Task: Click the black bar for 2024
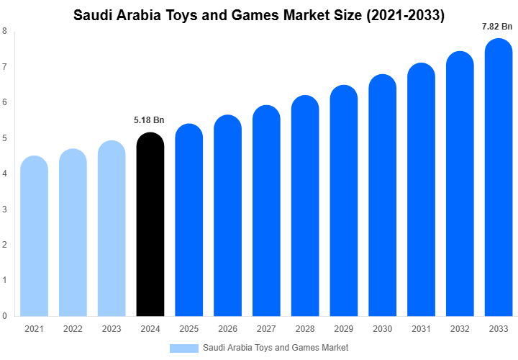pyautogui.click(x=150, y=225)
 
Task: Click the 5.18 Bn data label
pyautogui.click(x=150, y=120)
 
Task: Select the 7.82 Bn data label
pyautogui.click(x=498, y=27)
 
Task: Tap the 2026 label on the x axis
pyautogui.click(x=227, y=329)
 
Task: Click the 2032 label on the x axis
pyautogui.click(x=460, y=329)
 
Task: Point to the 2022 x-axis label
pyautogui.click(x=73, y=329)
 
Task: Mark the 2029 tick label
pyautogui.click(x=344, y=329)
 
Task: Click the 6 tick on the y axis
pyautogui.click(x=5, y=102)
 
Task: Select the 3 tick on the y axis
pyautogui.click(x=5, y=209)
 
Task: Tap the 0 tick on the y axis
pyautogui.click(x=5, y=315)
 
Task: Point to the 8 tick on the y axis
pyautogui.click(x=5, y=31)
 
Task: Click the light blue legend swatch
pyautogui.click(x=183, y=348)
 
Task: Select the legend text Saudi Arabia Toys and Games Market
pyautogui.click(x=276, y=348)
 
